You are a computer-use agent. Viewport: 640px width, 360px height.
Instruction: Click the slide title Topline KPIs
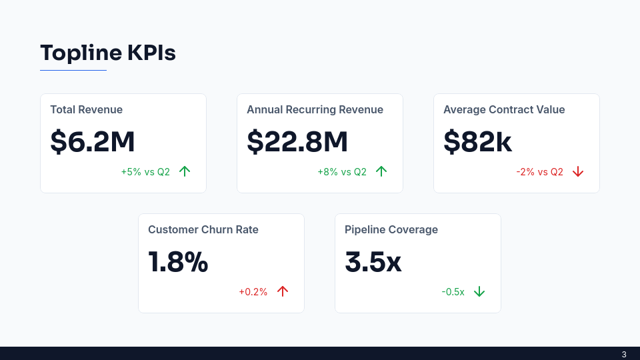[x=108, y=53]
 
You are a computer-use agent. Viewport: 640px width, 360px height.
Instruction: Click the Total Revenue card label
[x=86, y=110]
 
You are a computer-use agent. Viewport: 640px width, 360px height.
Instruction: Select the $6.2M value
[x=93, y=141]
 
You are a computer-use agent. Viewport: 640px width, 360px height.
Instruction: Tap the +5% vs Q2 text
[x=145, y=172]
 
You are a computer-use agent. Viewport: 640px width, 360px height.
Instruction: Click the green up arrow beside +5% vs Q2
[x=185, y=171]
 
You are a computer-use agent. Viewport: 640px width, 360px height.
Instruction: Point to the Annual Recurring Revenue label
[x=315, y=110]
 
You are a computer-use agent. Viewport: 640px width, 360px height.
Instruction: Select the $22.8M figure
[x=297, y=141]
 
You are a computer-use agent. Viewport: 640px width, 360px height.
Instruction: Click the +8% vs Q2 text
[x=342, y=172]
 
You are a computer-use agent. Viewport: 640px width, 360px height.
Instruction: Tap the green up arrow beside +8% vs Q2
[x=381, y=171]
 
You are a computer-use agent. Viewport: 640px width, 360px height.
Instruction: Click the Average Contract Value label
[x=504, y=110]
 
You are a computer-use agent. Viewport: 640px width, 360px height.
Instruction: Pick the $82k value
[x=478, y=141]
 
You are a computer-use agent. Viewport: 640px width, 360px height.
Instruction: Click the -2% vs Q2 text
[x=539, y=172]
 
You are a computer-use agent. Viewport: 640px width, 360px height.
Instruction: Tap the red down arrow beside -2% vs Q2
[x=578, y=172]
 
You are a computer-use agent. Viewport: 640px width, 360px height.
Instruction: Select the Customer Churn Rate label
[x=203, y=230]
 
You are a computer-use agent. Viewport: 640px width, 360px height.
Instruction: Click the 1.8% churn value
[x=178, y=262]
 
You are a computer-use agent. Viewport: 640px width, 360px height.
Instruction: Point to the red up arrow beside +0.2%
[x=283, y=291]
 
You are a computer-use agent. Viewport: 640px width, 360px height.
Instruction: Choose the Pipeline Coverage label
[x=391, y=230]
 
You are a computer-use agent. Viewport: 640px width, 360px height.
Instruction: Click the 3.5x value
[x=373, y=262]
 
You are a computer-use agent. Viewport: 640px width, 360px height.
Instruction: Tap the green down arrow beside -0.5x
[x=479, y=292]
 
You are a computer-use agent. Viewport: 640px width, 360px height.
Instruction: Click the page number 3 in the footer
[x=624, y=354]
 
